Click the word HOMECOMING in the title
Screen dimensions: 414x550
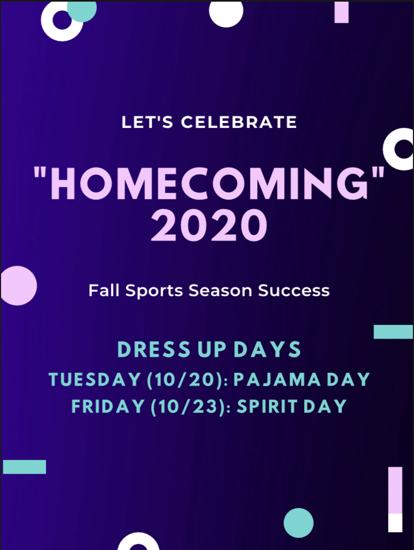click(209, 183)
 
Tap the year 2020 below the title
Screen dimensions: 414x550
click(209, 225)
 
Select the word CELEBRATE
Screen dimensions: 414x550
click(239, 122)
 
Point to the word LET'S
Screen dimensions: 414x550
click(147, 122)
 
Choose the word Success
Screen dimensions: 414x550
click(294, 290)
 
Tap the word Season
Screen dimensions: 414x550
click(220, 290)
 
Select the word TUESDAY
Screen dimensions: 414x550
click(94, 380)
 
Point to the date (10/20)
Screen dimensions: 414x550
click(185, 380)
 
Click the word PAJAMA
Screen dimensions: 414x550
click(277, 380)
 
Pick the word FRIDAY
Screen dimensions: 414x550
click(108, 407)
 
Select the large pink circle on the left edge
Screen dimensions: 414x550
click(18, 286)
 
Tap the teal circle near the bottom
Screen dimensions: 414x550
click(298, 522)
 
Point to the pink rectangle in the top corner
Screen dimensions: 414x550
click(341, 12)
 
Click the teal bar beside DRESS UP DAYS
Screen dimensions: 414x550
click(393, 332)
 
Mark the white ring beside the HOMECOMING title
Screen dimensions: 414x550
click(389, 149)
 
